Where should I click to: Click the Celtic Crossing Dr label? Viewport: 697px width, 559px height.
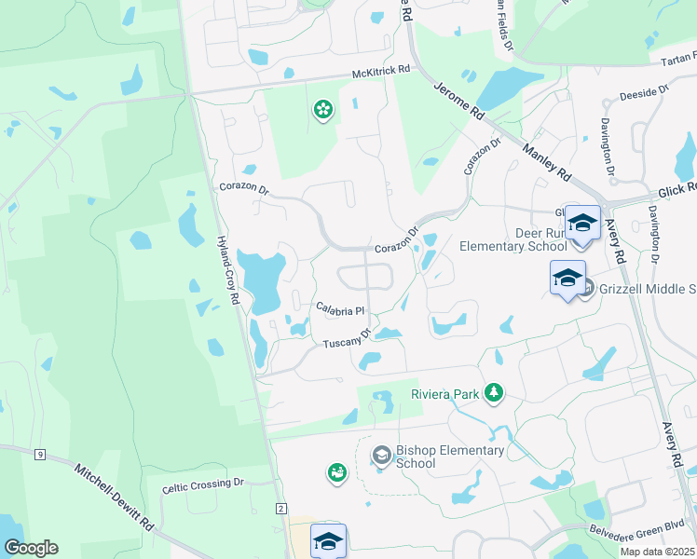202,484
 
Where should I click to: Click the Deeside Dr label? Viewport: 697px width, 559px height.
644,95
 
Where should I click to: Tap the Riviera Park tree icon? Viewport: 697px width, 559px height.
494,394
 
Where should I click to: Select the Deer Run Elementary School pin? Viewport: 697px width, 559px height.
582,225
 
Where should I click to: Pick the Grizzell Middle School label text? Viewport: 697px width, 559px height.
647,290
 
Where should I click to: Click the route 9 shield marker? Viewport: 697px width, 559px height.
39,455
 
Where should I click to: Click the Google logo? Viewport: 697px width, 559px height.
31,548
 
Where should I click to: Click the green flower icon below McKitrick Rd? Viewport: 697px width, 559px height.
322,110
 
